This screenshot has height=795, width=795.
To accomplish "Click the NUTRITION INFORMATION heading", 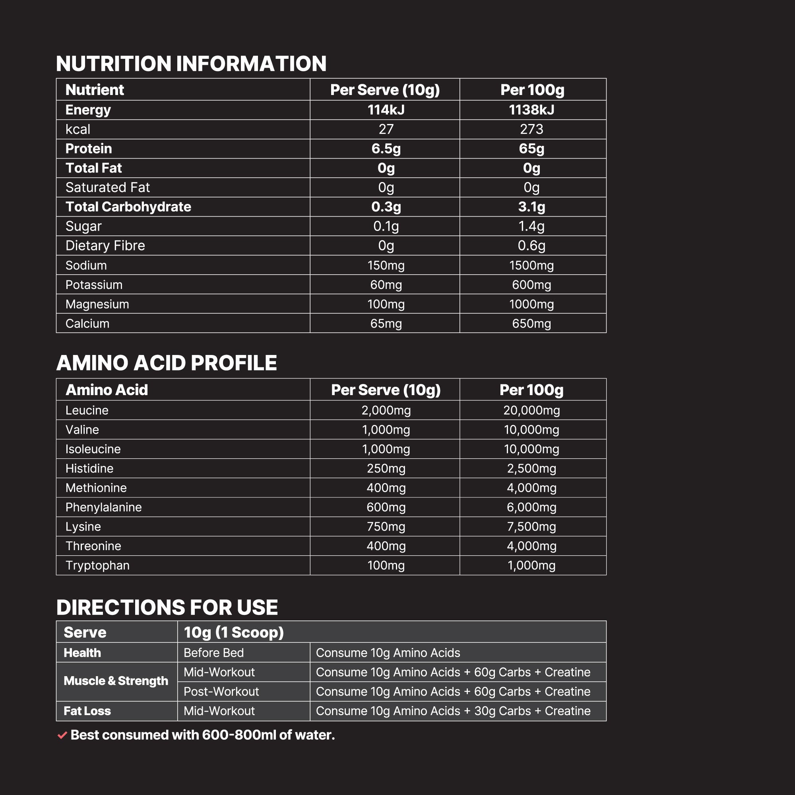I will pos(191,64).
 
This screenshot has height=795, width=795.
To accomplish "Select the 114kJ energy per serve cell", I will pos(386,110).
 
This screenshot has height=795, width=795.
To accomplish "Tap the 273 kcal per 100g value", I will pos(531,129).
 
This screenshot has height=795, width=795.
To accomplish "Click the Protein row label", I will pos(89,149).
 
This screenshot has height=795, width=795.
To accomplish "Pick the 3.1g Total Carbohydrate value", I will pos(531,207).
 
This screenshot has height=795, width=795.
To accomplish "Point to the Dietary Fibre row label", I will pos(105,246).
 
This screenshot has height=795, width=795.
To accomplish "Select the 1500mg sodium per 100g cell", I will pos(531,266).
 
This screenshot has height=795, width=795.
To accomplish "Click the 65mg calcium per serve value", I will pos(386,324).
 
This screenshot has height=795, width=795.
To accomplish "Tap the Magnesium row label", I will pos(97,304).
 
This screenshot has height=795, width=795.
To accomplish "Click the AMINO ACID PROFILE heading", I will pos(166,363).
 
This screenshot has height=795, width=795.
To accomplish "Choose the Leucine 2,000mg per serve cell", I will pos(386,410).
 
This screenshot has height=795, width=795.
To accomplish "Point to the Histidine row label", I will pos(89,468).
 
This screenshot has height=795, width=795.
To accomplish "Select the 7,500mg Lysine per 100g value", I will pos(531,527).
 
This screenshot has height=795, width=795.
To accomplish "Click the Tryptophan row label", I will pos(97,565).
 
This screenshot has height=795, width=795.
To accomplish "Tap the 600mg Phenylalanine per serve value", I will pos(386,507).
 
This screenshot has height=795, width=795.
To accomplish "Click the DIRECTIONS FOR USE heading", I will pos(167,607).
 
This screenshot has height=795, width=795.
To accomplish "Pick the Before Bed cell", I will pos(213,653).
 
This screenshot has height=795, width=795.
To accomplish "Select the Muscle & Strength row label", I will pos(116,681).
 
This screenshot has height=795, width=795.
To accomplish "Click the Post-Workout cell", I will pos(221,691).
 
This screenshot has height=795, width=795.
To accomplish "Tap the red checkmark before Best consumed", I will pos(62,735).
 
